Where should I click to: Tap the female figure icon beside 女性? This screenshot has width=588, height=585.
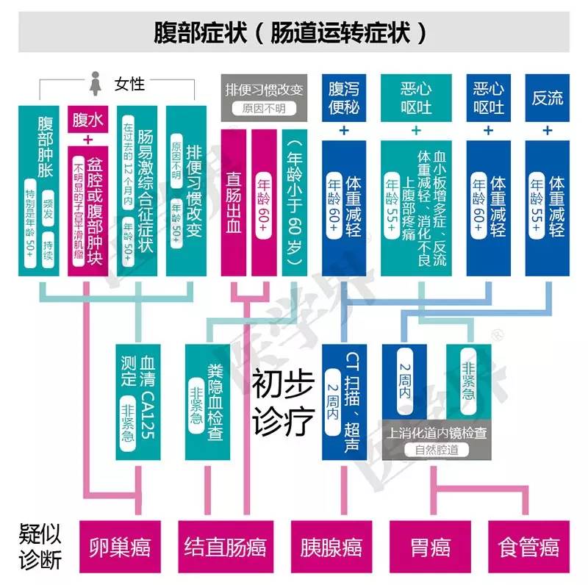click(x=96, y=82)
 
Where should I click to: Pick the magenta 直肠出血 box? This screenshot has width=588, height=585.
click(x=235, y=202)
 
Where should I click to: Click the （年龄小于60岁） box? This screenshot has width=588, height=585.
click(x=297, y=202)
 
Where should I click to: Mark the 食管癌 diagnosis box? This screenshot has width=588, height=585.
click(x=528, y=548)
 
